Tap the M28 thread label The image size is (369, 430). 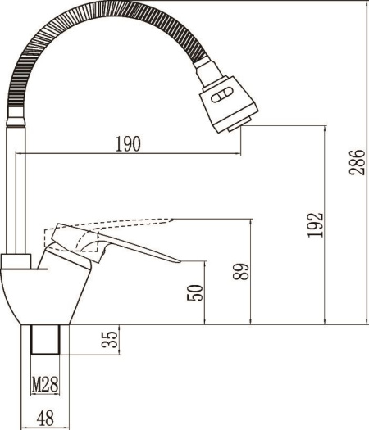click(46, 383)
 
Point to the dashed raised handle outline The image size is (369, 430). click(123, 222)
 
